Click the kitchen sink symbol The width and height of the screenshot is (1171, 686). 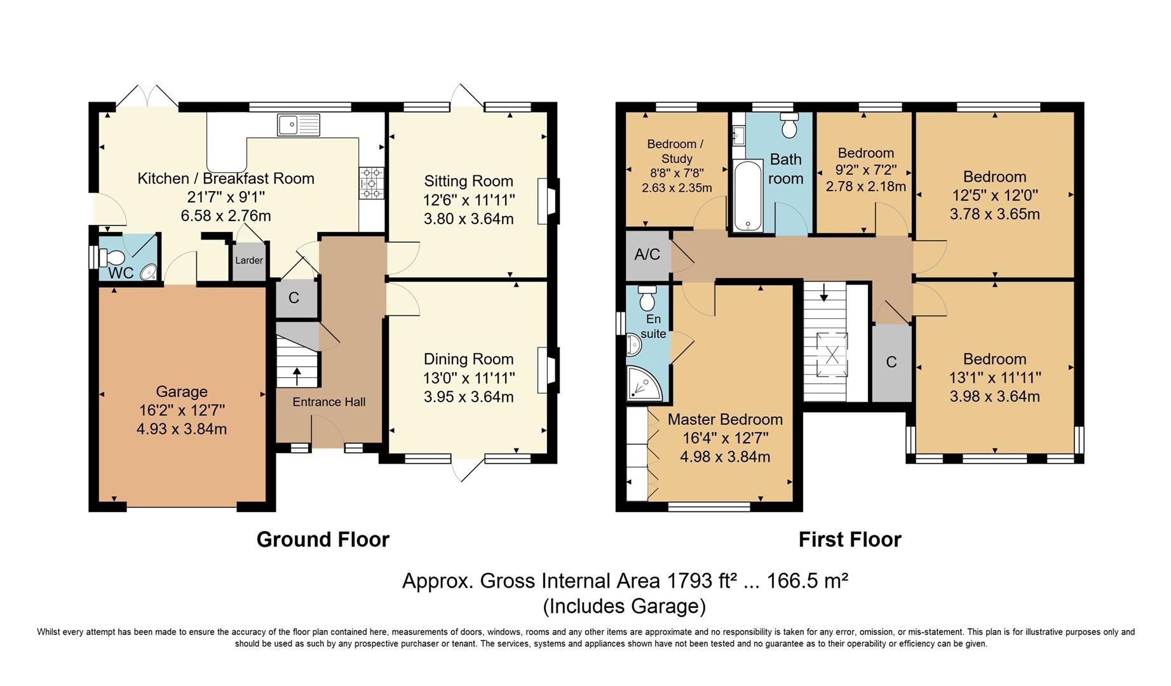click(299, 124)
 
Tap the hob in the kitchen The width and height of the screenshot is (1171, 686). click(372, 183)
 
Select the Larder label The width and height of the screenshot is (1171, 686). click(249, 260)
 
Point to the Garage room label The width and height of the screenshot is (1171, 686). click(182, 392)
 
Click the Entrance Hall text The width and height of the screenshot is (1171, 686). click(329, 402)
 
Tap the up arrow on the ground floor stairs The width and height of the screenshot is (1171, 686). click(297, 375)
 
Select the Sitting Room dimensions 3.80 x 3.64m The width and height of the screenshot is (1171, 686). click(469, 219)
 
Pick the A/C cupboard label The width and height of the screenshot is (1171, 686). click(647, 255)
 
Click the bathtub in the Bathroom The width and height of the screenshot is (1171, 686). click(747, 196)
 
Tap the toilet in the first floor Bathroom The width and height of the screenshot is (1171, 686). click(789, 126)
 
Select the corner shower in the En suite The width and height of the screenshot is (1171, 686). click(645, 384)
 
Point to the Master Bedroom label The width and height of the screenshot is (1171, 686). click(725, 420)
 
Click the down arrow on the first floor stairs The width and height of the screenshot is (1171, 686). click(824, 293)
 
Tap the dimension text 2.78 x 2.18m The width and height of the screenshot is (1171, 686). click(866, 187)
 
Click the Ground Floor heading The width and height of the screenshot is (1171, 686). click(323, 539)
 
